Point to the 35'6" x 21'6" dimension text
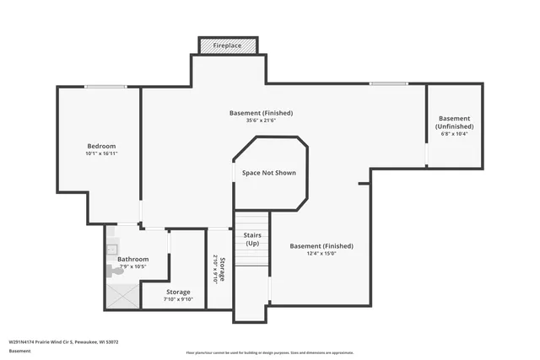tap(261, 121)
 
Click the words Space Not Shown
tap(268, 173)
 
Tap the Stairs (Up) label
tap(251, 239)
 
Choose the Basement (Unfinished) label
tap(454, 122)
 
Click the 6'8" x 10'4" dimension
tap(454, 134)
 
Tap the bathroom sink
tap(111, 249)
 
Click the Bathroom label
tap(132, 259)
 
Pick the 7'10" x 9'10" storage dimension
tap(178, 299)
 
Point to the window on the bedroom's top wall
tap(105, 86)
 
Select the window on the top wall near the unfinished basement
tap(388, 83)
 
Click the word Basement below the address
tap(19, 352)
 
